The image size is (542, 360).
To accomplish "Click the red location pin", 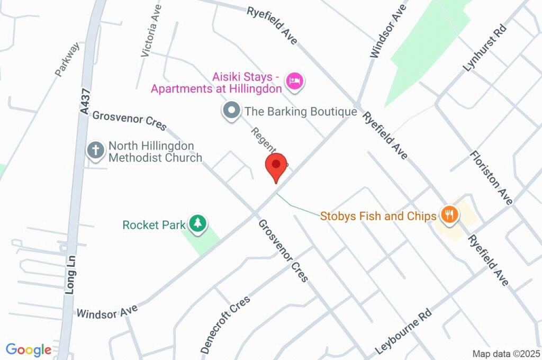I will point(276,165).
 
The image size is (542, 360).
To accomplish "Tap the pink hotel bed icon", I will point(294,82).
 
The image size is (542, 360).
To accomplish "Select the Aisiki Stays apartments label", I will point(217,83).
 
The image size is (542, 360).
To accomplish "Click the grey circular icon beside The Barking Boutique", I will point(231,112).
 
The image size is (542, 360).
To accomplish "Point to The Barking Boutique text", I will point(301,112).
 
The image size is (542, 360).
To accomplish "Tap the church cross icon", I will point(95,150).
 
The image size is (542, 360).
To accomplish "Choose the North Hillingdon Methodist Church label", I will point(155,151).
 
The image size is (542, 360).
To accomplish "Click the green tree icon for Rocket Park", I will point(198,223).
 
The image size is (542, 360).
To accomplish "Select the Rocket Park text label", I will point(153,225).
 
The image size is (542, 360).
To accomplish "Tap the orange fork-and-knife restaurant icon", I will point(449,215).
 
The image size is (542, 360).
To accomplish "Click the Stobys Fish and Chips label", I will point(378,216).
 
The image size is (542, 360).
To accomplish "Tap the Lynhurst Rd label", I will point(484,48).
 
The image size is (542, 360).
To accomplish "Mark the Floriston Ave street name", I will point(492,178).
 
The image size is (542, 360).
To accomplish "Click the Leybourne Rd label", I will point(403,331).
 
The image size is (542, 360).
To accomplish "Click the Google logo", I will point(29,350).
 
